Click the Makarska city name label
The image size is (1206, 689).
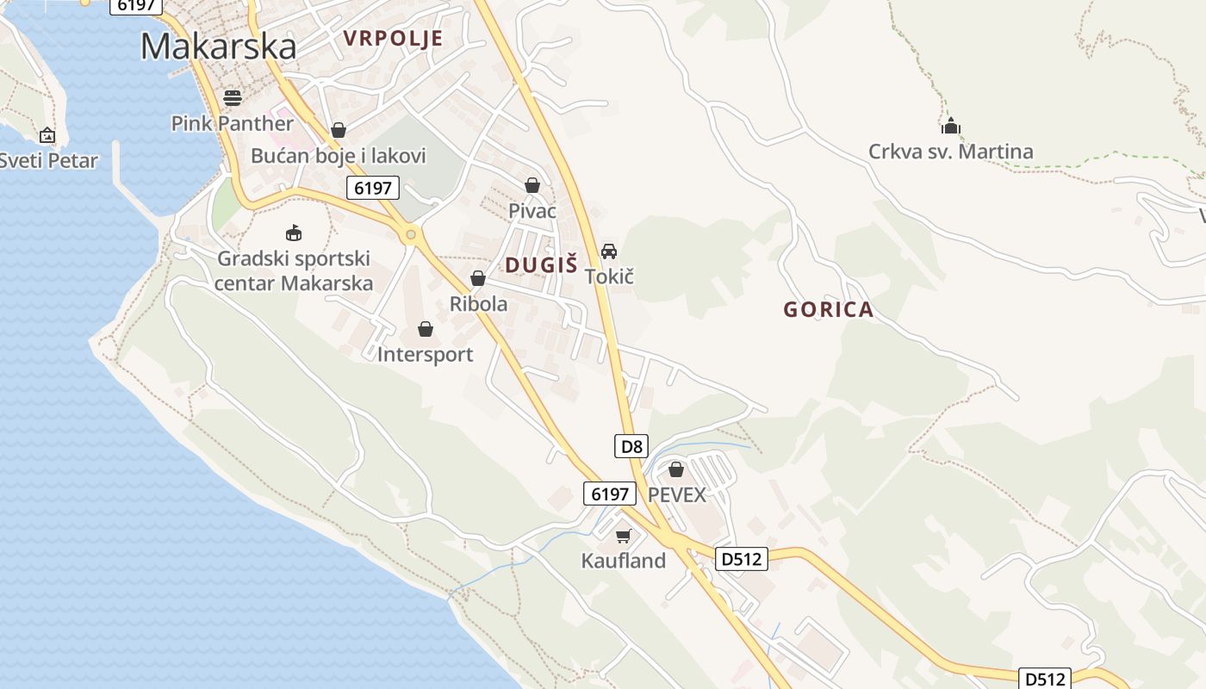[x=218, y=46]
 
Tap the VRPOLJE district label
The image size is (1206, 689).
[x=393, y=38]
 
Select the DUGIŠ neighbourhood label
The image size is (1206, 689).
[x=541, y=265]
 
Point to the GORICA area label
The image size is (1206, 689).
[x=828, y=310]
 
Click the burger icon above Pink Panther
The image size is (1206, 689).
[x=232, y=98]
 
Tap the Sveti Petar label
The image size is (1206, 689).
[x=48, y=160]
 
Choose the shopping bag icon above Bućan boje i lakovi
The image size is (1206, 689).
[x=339, y=130]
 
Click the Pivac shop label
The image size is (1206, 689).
[x=532, y=211]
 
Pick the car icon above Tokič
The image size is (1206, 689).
[x=609, y=251]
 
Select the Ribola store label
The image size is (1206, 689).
[x=478, y=304]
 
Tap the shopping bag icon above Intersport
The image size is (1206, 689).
[x=426, y=329]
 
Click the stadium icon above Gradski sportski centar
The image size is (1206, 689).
[x=294, y=233]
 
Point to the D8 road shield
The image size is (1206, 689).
[x=631, y=446]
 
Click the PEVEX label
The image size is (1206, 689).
[x=676, y=495]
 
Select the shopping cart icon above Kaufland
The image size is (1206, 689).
[x=624, y=536]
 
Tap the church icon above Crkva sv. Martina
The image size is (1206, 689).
[x=950, y=127]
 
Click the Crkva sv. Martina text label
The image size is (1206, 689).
[x=950, y=152]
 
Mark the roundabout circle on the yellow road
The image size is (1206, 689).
[x=412, y=233]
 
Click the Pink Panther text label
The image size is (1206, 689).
[x=232, y=123]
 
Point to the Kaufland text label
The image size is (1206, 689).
[x=624, y=561]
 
